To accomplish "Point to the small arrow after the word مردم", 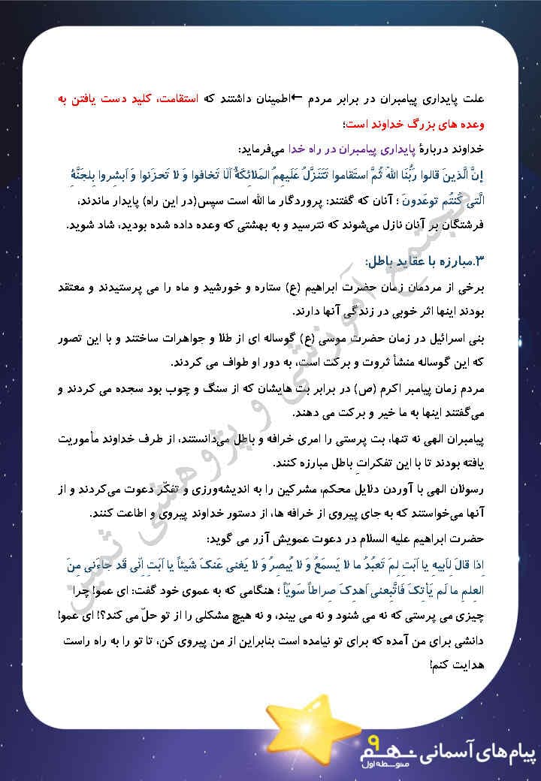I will click(x=297, y=99).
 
